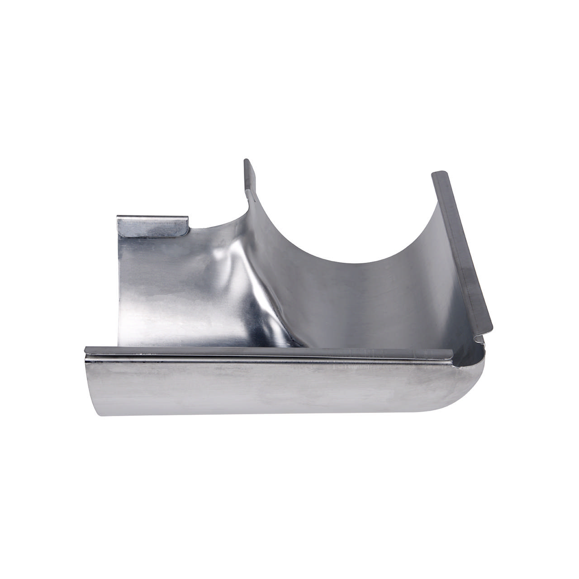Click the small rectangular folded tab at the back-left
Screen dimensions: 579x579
click(153, 225)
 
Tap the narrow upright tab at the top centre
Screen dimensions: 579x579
click(249, 176)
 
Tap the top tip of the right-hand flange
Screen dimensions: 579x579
click(437, 174)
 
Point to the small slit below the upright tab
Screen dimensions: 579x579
click(248, 194)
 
